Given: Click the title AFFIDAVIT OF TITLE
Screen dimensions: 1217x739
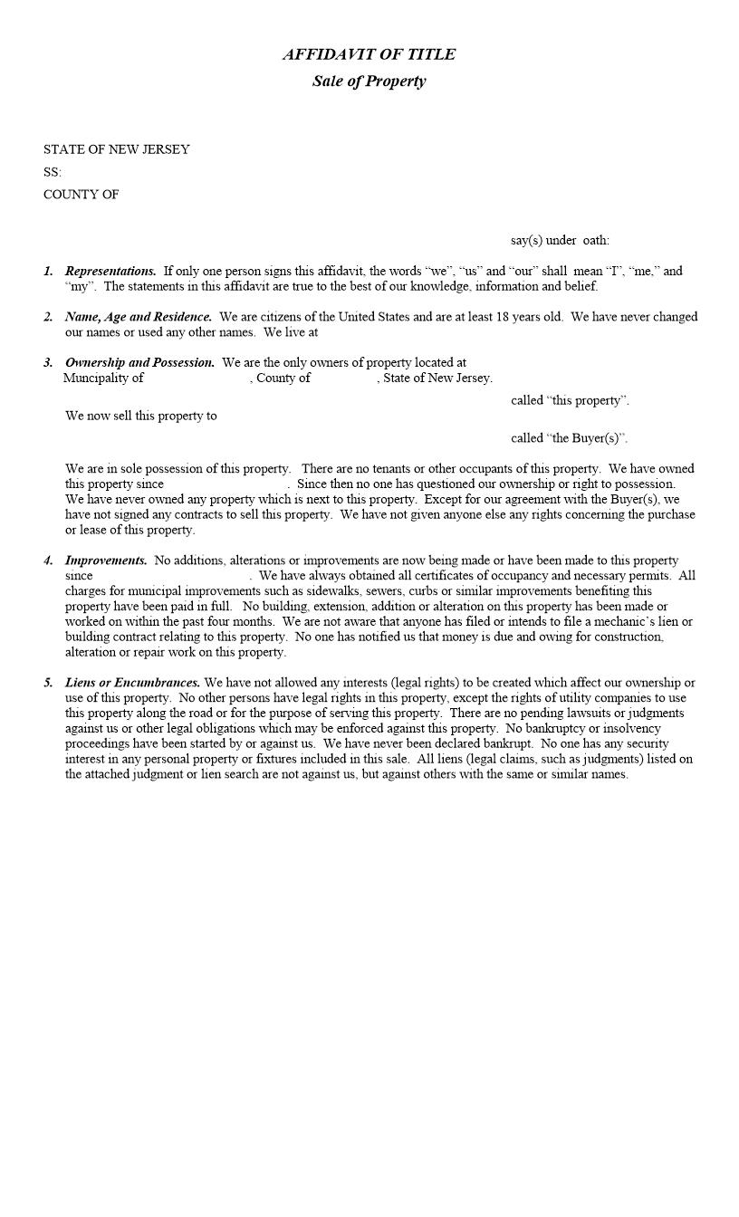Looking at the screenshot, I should pos(369,54).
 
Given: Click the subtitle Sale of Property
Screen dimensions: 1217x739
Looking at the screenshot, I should pos(369,81).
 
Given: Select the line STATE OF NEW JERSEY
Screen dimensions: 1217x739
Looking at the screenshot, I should pos(116,149).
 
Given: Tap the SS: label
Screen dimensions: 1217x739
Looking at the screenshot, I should pos(53,172).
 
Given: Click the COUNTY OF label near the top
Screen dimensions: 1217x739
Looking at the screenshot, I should pos(81,195).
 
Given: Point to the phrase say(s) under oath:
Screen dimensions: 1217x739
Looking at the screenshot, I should pos(560,241).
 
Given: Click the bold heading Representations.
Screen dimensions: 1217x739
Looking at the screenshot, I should pos(110,271).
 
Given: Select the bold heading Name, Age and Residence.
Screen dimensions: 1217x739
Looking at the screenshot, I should pos(139,317).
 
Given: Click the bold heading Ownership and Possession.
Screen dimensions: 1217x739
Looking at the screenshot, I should pos(139,363).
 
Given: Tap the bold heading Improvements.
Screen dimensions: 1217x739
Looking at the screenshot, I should pos(106,561).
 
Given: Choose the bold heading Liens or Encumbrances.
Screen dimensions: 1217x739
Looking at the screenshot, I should pos(132,683).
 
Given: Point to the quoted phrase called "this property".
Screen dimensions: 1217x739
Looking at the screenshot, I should pos(569,400).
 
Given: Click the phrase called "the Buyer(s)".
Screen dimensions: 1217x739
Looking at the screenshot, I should pos(569,438).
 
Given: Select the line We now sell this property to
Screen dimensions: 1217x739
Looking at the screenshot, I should pos(140,417).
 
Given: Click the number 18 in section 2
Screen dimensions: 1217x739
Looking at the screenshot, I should pos(504,317).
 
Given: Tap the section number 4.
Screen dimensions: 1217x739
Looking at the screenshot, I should pos(47,561).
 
